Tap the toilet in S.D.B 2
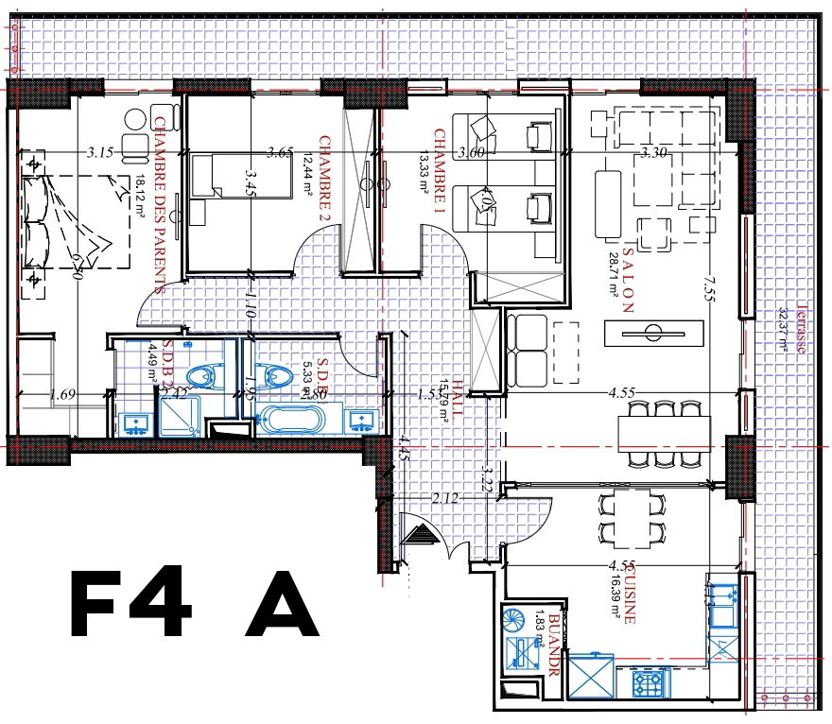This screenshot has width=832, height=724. click(202, 376)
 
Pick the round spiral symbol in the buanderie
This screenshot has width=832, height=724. click(518, 620)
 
